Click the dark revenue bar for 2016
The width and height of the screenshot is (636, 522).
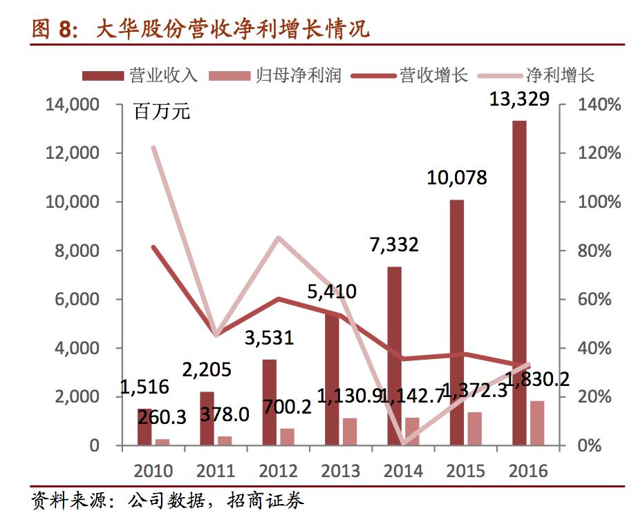pos(519,283)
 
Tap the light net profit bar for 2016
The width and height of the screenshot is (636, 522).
pos(537,423)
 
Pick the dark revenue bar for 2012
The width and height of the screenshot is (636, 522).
pos(270,402)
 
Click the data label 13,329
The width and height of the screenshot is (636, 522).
pos(519,99)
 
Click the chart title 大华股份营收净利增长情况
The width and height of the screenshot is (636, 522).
pos(232,29)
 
